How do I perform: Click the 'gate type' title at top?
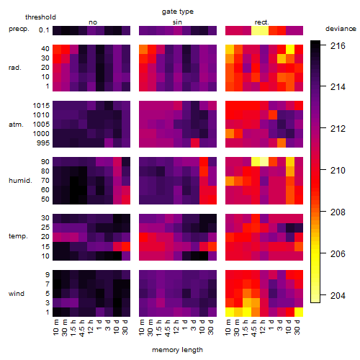coord(178,12)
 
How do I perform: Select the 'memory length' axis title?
coord(177,350)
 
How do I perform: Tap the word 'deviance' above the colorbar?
coord(341,29)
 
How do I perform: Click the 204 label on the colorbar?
coord(338,295)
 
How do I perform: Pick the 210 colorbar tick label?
coord(338,171)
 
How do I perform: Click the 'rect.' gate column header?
coord(261,22)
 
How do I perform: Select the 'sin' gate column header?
coord(177,22)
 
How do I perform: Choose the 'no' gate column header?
coord(93,22)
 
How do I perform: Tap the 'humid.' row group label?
coord(20,181)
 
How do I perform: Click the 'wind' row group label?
coord(17,294)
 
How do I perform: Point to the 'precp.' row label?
coord(19,29)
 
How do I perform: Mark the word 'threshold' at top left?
coord(40,17)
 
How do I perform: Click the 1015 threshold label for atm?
coord(41,106)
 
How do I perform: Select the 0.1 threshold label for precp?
coord(44,30)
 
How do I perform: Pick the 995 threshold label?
coord(43,143)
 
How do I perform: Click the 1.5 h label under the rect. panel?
coord(246,327)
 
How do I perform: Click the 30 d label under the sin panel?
coord(211,327)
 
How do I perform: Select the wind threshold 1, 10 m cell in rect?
coord(230,312)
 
